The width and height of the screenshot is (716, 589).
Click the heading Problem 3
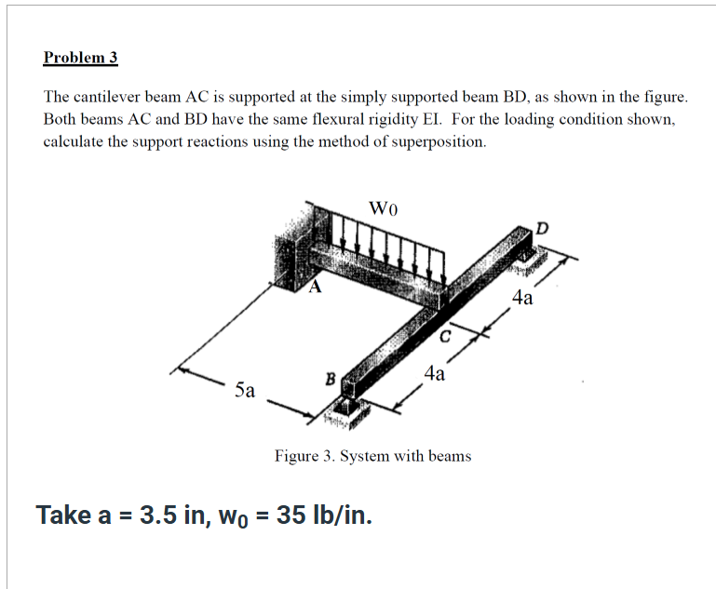tap(80, 58)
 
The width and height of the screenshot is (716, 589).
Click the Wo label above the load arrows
tap(384, 207)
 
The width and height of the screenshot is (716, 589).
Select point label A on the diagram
tap(315, 288)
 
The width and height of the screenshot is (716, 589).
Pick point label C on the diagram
tap(445, 335)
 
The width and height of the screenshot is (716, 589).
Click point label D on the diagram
tap(543, 227)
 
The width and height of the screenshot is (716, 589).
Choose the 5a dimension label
tap(245, 390)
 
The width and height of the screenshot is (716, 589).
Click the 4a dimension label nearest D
tap(523, 298)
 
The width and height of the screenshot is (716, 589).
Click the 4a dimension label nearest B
tap(434, 374)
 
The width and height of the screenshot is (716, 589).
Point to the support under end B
tap(345, 408)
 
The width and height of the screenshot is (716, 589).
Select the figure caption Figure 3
tap(372, 456)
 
